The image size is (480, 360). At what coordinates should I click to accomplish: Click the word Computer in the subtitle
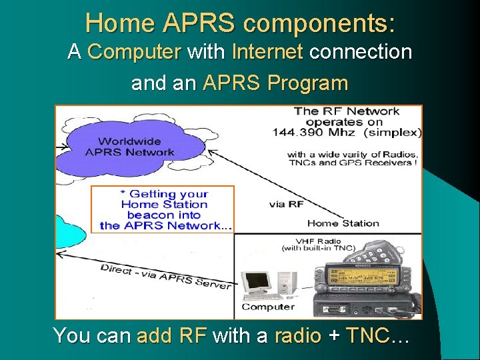[134, 52]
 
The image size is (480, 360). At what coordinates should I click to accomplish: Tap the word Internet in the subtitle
[267, 52]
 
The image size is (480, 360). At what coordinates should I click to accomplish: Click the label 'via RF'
[287, 204]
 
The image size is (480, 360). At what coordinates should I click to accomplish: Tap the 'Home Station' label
[343, 223]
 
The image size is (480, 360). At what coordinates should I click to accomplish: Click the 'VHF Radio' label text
[319, 241]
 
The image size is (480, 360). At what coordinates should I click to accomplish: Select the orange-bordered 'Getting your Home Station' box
[163, 209]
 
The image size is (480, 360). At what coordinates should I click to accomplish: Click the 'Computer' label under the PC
[268, 307]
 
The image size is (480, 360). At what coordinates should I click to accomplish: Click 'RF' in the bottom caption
[193, 335]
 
